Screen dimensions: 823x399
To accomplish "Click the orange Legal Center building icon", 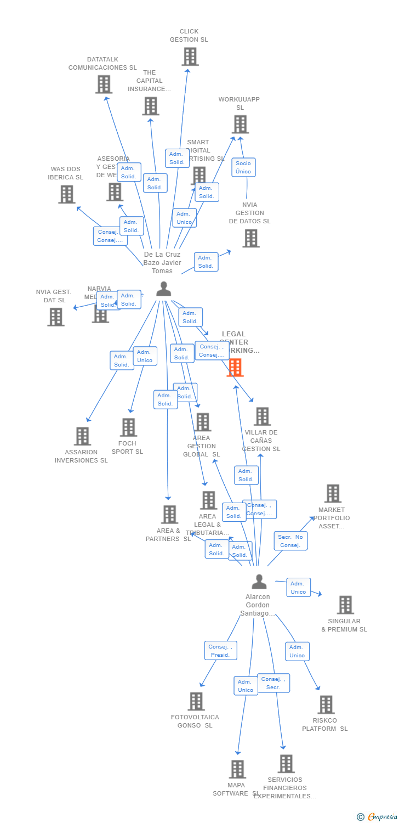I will pyautogui.click(x=235, y=368).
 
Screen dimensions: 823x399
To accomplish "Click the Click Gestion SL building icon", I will pyautogui.click(x=190, y=57).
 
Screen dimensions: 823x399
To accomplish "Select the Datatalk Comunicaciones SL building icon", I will pyautogui.click(x=104, y=84).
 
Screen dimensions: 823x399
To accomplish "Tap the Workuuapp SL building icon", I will pyautogui.click(x=240, y=125).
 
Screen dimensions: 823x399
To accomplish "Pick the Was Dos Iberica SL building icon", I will pyautogui.click(x=66, y=194).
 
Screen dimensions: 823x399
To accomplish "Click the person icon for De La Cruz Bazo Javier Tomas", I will pyautogui.click(x=163, y=289).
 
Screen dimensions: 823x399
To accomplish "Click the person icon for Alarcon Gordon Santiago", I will pyautogui.click(x=259, y=582).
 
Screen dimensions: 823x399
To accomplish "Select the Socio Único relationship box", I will pyautogui.click(x=243, y=167).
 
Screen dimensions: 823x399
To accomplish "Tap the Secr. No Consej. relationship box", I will pyautogui.click(x=290, y=541).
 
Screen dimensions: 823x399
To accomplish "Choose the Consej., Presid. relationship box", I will pyautogui.click(x=220, y=651).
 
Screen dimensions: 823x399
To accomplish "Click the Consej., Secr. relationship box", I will pyautogui.click(x=273, y=683).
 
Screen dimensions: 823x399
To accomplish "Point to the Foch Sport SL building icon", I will pyautogui.click(x=128, y=427).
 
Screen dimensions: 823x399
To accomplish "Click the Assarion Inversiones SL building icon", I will pyautogui.click(x=82, y=436).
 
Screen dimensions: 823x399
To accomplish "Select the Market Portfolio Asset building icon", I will pyautogui.click(x=333, y=494).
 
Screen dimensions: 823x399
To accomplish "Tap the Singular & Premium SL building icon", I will pyautogui.click(x=345, y=605).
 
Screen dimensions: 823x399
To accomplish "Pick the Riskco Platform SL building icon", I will pyautogui.click(x=326, y=704).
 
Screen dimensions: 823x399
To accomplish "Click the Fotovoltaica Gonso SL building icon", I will pyautogui.click(x=196, y=701).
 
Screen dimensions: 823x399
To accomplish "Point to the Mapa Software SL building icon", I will pyautogui.click(x=237, y=769).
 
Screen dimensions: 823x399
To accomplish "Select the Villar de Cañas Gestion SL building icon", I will pyautogui.click(x=262, y=416).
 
